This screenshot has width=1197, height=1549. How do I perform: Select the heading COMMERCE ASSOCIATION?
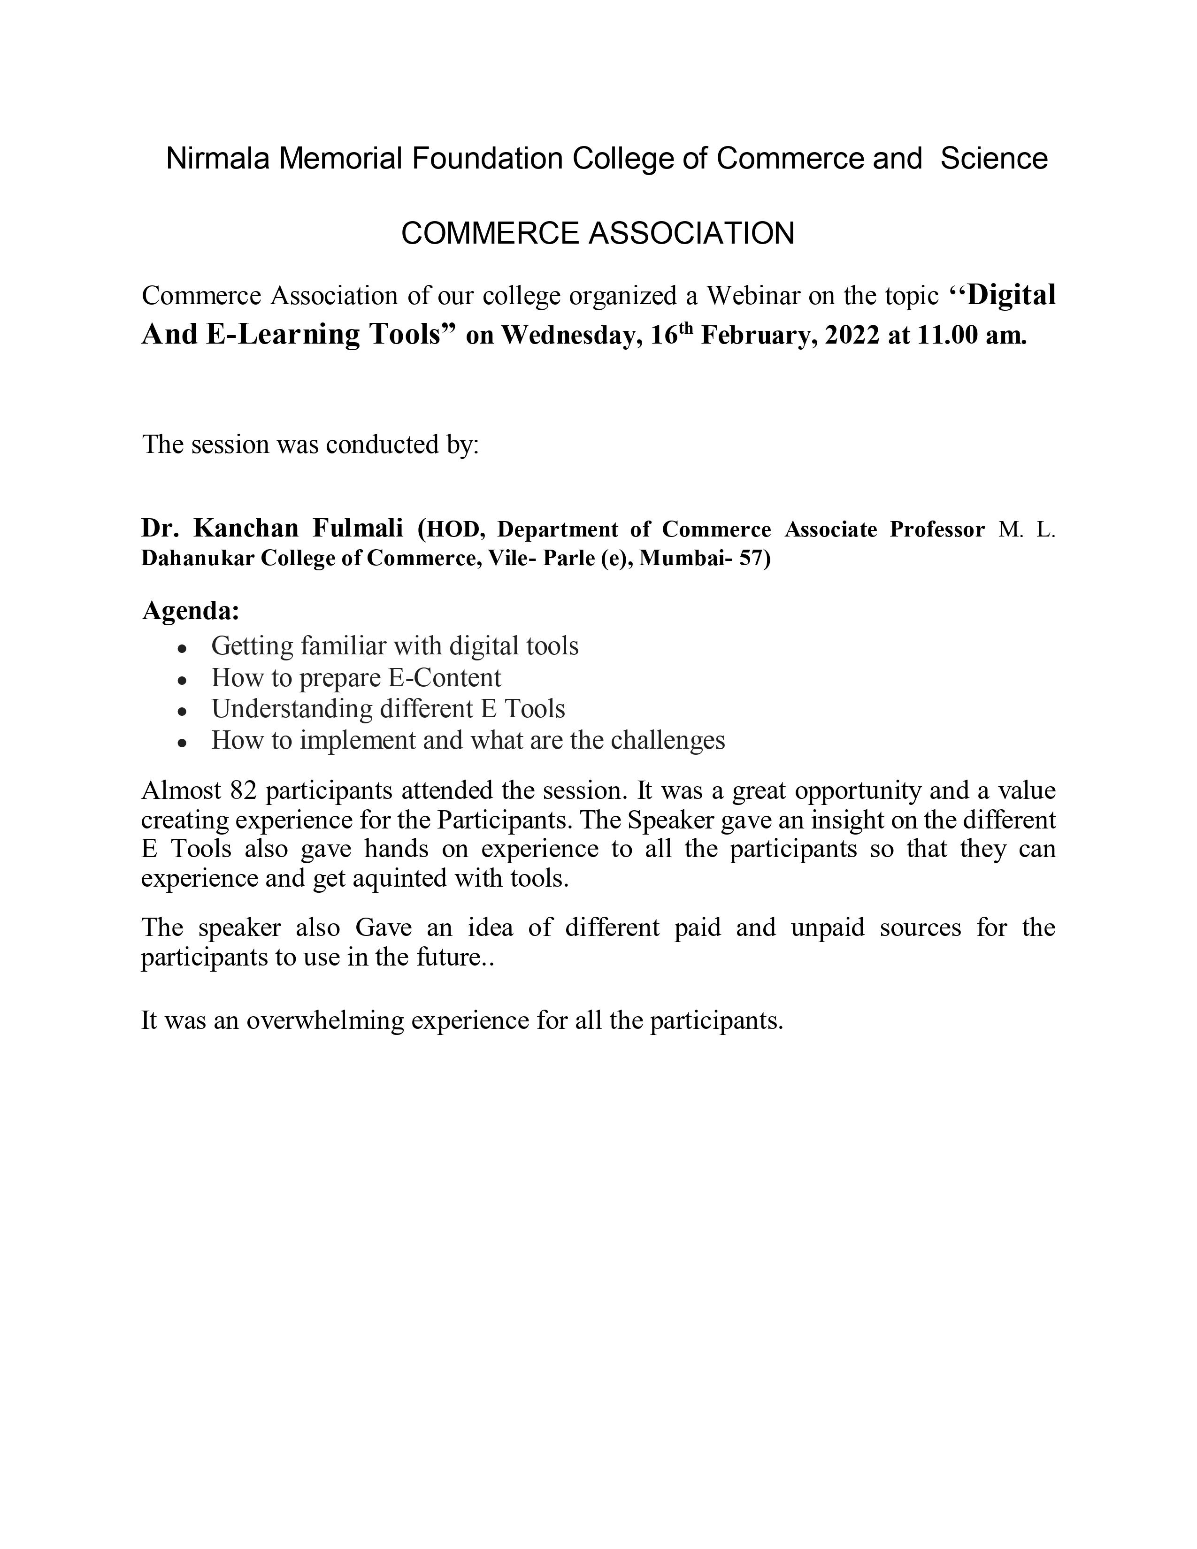coord(598,233)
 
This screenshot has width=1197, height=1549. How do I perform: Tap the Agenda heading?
coord(191,611)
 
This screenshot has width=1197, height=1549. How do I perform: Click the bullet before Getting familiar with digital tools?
coord(182,648)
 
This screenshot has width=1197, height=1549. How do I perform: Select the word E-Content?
coord(444,678)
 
